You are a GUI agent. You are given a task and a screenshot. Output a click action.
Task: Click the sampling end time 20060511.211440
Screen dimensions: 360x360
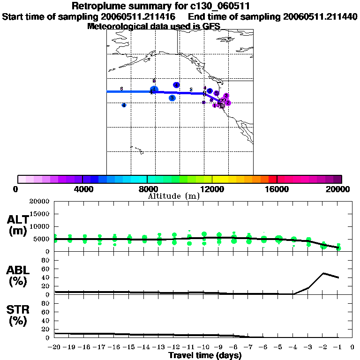pyautogui.click(x=321, y=16)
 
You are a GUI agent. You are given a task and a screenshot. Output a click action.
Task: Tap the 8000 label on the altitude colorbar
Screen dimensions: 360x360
pyautogui.click(x=148, y=189)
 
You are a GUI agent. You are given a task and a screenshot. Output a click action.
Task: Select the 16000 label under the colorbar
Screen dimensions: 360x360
pyautogui.click(x=277, y=189)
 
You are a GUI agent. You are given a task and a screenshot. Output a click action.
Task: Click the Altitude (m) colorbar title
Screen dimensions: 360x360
pyautogui.click(x=173, y=196)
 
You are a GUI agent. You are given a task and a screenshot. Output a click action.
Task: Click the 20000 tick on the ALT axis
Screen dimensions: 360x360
pyautogui.click(x=39, y=202)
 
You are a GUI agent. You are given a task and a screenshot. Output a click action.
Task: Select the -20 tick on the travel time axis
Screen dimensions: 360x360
pyautogui.click(x=55, y=347)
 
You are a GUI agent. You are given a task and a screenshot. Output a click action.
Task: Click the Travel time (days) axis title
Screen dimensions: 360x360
pyautogui.click(x=205, y=356)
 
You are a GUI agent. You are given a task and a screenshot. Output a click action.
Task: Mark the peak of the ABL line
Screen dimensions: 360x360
pyautogui.click(x=323, y=273)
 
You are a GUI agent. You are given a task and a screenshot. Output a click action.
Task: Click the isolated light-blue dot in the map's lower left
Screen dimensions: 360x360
pyautogui.click(x=124, y=105)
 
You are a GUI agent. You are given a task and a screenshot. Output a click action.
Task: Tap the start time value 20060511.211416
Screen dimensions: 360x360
pyautogui.click(x=141, y=16)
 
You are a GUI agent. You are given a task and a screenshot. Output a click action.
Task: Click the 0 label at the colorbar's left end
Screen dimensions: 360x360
pyautogui.click(x=16, y=189)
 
